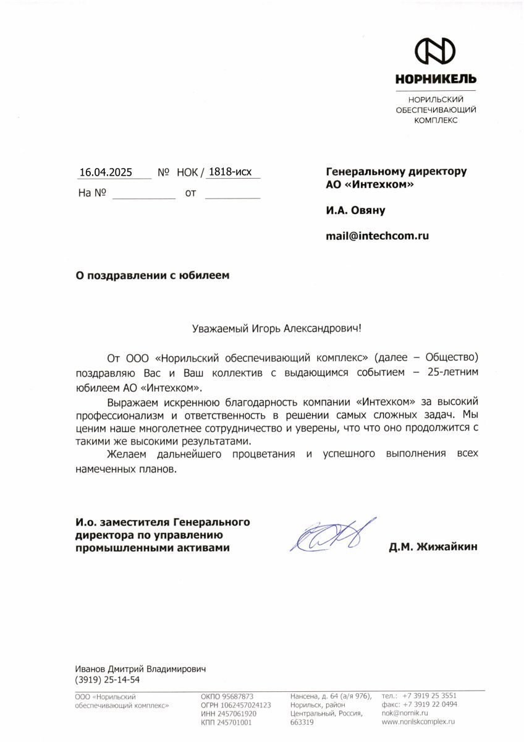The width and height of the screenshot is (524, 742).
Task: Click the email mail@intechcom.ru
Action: [x=378, y=235]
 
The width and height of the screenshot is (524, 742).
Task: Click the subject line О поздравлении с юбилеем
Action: [x=152, y=276]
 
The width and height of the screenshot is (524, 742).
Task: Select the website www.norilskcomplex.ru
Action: [x=419, y=722]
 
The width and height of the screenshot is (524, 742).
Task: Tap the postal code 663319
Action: [x=302, y=722]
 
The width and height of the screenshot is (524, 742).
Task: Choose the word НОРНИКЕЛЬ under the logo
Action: [x=436, y=79]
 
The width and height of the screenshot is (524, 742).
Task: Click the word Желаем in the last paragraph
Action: [x=125, y=454]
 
